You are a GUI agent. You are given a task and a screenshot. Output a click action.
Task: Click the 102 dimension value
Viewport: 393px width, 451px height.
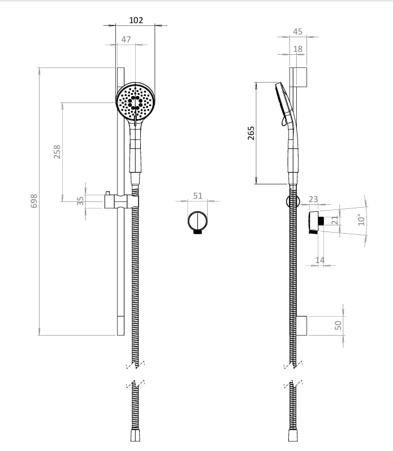tap(136, 20)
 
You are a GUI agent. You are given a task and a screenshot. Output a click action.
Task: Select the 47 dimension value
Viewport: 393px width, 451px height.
tap(126, 40)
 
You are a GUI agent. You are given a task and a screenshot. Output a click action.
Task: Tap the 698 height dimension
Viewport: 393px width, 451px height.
tap(33, 201)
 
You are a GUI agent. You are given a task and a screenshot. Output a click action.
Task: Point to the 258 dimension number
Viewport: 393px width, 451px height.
tap(57, 151)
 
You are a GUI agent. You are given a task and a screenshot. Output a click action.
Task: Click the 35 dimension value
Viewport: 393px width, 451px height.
tap(80, 200)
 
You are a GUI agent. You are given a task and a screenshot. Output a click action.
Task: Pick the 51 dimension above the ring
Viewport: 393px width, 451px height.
tap(197, 196)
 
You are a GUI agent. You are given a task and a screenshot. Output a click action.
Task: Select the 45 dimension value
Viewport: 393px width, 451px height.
tap(298, 32)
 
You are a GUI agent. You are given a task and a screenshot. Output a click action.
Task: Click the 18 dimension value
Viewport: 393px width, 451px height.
tap(298, 49)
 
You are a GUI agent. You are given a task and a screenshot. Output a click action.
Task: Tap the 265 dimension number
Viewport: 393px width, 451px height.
tap(252, 133)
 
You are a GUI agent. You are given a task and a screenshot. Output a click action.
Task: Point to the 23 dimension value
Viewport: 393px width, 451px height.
tap(313, 199)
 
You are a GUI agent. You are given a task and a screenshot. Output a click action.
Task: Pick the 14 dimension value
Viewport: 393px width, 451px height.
tap(321, 260)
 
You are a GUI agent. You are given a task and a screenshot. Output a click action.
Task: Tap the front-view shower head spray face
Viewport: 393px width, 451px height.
tap(136, 102)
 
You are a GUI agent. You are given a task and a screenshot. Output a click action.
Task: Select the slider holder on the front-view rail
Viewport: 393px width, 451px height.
tap(121, 201)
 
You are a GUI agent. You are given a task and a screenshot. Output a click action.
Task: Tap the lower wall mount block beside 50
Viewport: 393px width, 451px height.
tap(303, 325)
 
